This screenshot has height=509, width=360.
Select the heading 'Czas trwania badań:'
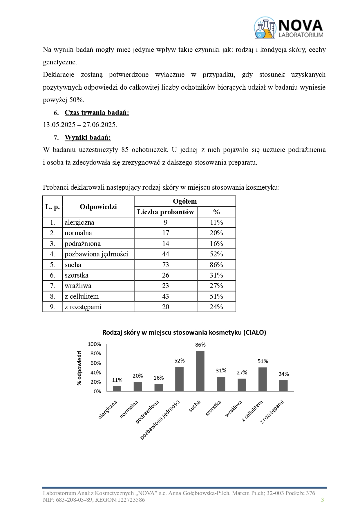97,113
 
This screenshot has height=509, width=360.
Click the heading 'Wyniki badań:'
88,137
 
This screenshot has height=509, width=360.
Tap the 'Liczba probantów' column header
165,212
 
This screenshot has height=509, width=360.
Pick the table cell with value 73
165,265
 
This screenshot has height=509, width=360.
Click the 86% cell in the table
216,265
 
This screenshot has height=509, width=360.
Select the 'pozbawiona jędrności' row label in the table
96,254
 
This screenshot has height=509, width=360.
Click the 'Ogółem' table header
185,201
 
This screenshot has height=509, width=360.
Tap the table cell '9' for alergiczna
165,222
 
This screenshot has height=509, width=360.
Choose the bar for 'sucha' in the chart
200,371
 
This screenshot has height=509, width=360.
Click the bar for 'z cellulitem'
263,379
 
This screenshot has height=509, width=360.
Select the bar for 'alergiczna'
117,389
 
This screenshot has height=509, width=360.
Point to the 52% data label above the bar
180,361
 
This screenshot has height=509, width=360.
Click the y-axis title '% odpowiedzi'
79,368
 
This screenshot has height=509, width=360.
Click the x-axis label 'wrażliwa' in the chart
234,408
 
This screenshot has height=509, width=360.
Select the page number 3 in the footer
322,500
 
